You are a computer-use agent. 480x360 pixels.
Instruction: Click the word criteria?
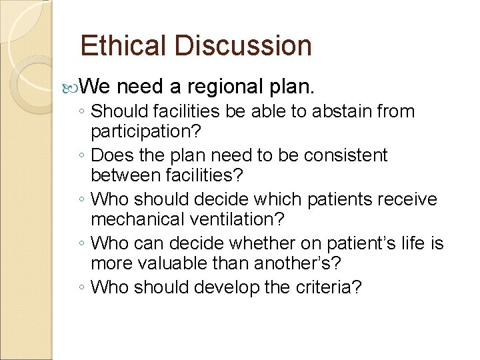329,287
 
